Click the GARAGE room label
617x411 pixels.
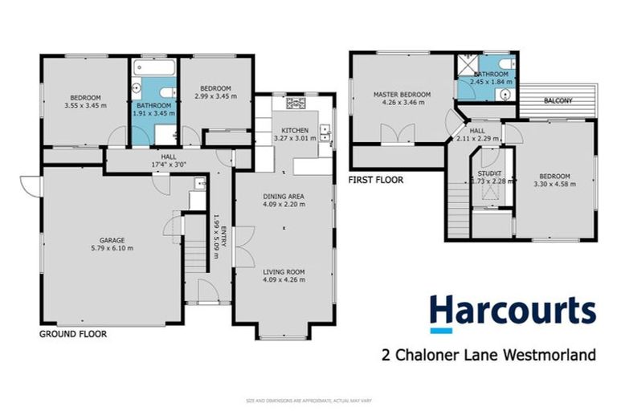pyautogui.click(x=111, y=239)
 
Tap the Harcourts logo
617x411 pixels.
pyautogui.click(x=512, y=312)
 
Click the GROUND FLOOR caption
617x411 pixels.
pyautogui.click(x=73, y=333)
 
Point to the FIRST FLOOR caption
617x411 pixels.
pyautogui.click(x=375, y=181)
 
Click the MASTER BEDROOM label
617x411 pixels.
pyautogui.click(x=402, y=95)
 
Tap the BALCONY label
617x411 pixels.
pyautogui.click(x=558, y=101)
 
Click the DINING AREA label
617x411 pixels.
pyautogui.click(x=282, y=195)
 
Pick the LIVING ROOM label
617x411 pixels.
pyautogui.click(x=282, y=272)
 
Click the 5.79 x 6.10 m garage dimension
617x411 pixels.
pyautogui.click(x=111, y=248)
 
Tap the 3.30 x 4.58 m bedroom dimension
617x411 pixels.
pyautogui.click(x=554, y=185)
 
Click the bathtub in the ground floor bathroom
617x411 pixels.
pyautogui.click(x=153, y=66)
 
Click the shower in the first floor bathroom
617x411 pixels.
pyautogui.click(x=466, y=65)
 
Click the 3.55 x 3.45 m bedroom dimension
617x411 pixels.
pyautogui.click(x=85, y=104)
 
